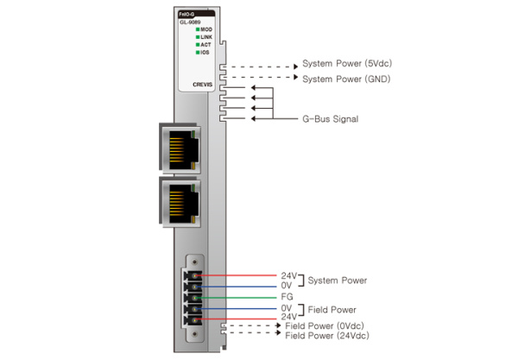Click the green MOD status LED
[x=198, y=29]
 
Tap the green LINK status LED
[x=198, y=37]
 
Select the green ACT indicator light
[x=198, y=45]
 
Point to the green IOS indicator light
[x=198, y=53]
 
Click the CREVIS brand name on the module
[x=202, y=85]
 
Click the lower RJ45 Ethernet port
[x=180, y=201]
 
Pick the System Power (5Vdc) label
[x=345, y=65]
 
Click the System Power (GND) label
[x=345, y=79]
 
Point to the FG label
[x=287, y=296]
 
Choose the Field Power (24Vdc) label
[x=332, y=335]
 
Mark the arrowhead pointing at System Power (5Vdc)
[x=294, y=65]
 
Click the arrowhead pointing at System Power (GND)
[x=294, y=79]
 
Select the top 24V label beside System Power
[x=288, y=275]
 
